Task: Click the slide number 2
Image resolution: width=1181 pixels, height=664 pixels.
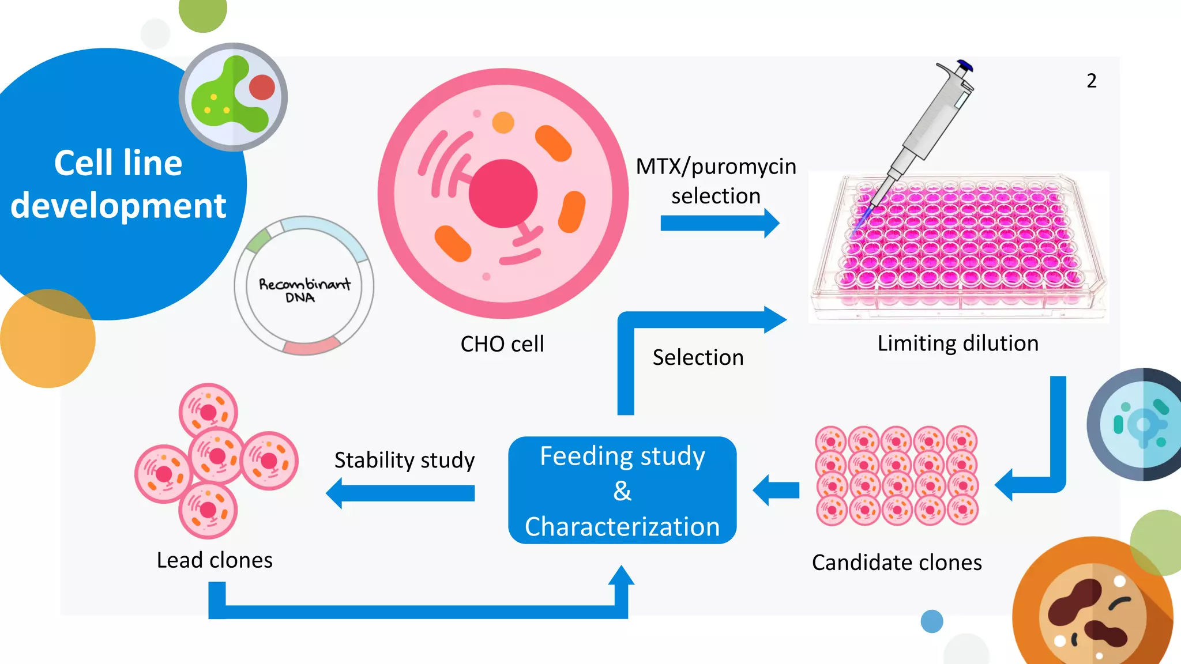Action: click(1091, 81)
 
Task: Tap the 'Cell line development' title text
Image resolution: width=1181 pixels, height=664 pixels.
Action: click(118, 184)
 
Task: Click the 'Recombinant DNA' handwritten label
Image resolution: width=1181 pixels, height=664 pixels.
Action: click(304, 290)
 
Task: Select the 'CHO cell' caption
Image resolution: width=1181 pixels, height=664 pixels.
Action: click(502, 344)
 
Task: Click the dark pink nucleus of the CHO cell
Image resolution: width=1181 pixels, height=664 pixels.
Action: click(503, 194)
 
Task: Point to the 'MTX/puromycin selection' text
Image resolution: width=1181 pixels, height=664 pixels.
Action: click(716, 181)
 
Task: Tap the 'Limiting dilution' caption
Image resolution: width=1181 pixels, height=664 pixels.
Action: click(958, 344)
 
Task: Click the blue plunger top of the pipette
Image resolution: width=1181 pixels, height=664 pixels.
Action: click(965, 65)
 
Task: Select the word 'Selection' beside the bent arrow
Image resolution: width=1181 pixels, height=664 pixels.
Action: click(698, 357)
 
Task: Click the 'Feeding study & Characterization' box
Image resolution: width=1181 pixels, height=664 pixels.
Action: click(622, 491)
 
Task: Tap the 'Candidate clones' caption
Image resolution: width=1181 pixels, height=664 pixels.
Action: click(897, 563)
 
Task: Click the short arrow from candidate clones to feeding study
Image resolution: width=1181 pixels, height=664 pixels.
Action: click(776, 491)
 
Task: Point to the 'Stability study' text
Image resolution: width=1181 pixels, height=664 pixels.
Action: click(404, 460)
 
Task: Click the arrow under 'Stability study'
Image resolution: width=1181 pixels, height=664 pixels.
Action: click(400, 493)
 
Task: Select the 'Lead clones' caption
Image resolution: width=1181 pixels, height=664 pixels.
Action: click(215, 560)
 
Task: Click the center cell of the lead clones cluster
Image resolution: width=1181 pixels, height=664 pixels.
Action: click(216, 456)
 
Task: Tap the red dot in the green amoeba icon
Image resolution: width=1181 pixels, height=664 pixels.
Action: click(262, 88)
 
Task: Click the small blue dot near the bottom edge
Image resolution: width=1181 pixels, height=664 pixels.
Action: click(932, 621)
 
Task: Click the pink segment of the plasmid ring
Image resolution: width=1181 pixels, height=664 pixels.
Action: click(311, 347)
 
